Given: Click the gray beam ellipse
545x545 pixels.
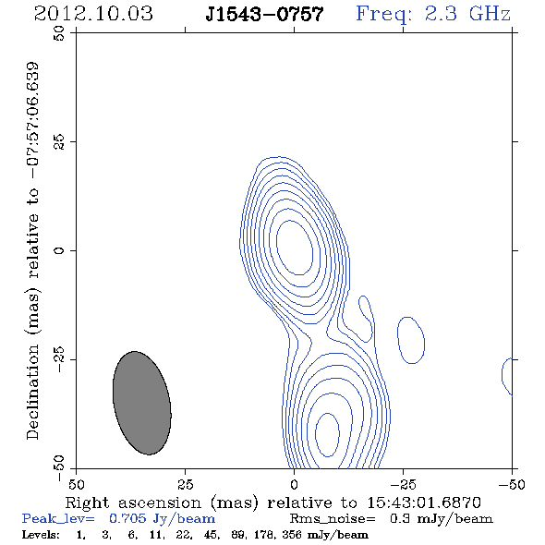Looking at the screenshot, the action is coord(142,403).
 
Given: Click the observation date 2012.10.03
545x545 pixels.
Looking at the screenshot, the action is coord(93,14).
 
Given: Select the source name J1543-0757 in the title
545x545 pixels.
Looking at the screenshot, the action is coord(264,14).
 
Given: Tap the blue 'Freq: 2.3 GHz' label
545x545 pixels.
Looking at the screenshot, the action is coord(433,14).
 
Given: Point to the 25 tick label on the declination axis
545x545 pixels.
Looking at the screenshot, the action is coord(59,142).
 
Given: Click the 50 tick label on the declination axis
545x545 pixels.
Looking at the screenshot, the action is coord(59,33).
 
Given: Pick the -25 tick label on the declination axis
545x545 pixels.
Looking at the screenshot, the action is coord(59,359).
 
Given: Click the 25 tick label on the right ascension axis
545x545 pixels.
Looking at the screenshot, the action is coord(186,484).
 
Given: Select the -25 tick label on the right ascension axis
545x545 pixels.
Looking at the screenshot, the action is coord(403,484).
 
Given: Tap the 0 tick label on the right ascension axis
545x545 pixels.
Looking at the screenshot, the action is coord(294,484).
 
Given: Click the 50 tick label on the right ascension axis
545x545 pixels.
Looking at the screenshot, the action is coord(76,484).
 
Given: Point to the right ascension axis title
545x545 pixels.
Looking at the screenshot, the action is coord(273,503).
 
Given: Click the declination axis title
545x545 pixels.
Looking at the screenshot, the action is coord(32,251).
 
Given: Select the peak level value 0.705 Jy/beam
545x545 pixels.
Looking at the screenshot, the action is coord(162,519).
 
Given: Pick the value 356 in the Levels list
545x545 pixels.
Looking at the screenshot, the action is coord(292,534).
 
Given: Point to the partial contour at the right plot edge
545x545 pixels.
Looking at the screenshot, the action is coord(503,375).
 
